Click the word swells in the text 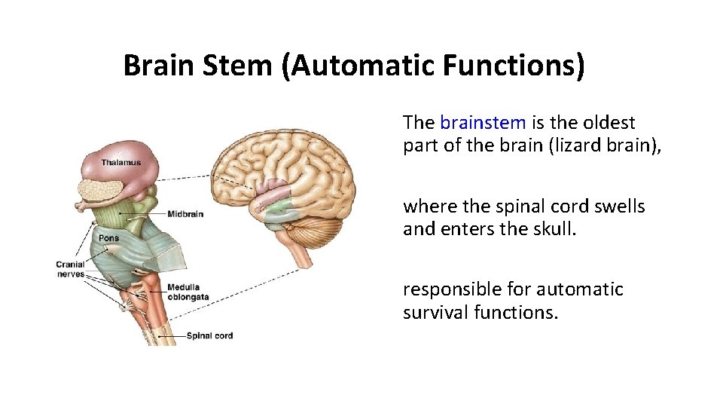pos(620,206)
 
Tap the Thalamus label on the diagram pos(121,162)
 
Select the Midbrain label pos(185,214)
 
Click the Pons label pos(108,238)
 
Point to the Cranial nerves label pos(70,269)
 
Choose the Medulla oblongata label pos(188,292)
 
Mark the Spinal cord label pos(210,336)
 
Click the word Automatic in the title pos(359,66)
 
